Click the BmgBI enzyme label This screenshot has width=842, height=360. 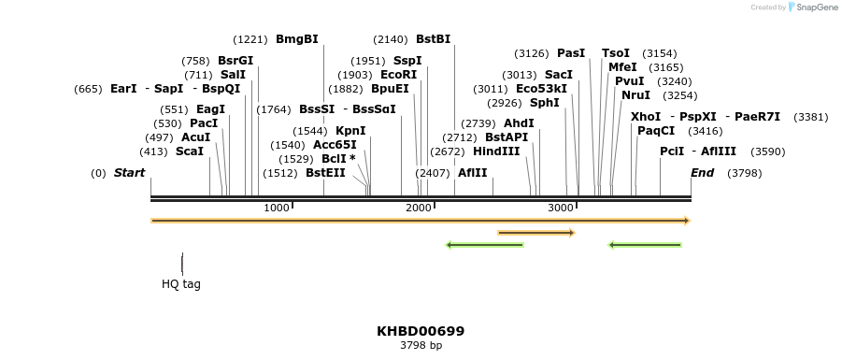[296, 39]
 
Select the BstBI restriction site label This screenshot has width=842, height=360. [433, 39]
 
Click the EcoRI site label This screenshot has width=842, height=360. [398, 75]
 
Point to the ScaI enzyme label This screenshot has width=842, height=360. [189, 151]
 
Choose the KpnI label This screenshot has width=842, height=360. [350, 131]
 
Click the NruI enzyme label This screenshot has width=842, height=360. [635, 95]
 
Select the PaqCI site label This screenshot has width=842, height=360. [656, 131]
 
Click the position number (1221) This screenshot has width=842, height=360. [250, 39]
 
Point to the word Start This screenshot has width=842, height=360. [129, 173]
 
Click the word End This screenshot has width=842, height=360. [702, 173]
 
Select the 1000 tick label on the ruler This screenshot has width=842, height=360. [277, 208]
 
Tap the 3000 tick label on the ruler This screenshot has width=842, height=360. [560, 208]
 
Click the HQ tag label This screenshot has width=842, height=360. [181, 284]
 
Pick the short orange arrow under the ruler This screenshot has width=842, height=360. [535, 233]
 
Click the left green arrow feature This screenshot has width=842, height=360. [484, 245]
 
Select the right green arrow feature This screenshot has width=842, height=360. [645, 245]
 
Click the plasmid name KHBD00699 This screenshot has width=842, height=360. [421, 331]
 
